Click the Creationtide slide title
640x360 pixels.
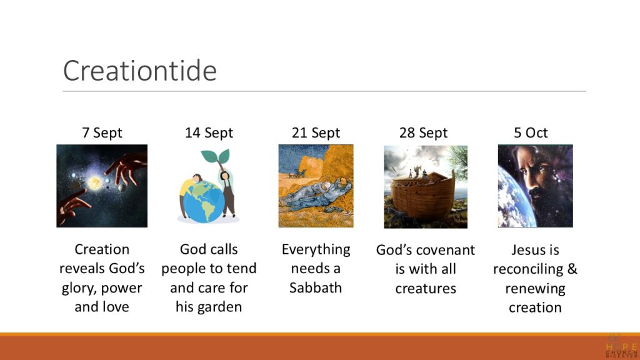[139, 70]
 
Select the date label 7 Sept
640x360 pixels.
[102, 132]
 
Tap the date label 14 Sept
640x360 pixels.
[209, 132]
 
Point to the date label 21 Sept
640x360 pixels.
[316, 132]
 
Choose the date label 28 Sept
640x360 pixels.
[423, 132]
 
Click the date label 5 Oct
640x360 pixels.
[531, 132]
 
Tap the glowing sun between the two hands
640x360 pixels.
[95, 183]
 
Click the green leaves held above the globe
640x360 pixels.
[215, 156]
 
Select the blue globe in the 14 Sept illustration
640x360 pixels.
[203, 202]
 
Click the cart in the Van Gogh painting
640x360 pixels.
[297, 174]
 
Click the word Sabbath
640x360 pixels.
[316, 287]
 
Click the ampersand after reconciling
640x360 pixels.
[572, 269]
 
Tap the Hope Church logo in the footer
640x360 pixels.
[621, 346]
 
